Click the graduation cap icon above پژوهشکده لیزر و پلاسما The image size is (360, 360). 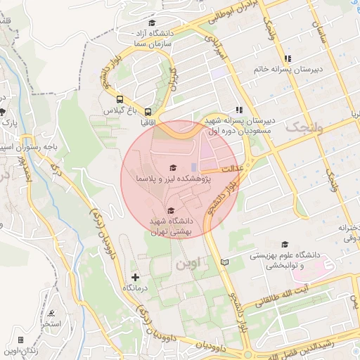pyautogui.click(x=172, y=167)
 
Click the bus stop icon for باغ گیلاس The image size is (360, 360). pyautogui.click(x=120, y=99)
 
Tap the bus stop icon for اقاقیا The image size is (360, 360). pyautogui.click(x=148, y=111)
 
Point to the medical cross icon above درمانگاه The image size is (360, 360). pyautogui.click(x=135, y=277)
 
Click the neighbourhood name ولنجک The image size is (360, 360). pyautogui.click(x=307, y=127)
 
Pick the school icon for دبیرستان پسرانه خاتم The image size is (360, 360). pyautogui.click(x=287, y=58)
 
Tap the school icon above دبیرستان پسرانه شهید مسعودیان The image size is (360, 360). pyautogui.click(x=240, y=110)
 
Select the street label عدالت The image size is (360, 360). pyautogui.click(x=231, y=169)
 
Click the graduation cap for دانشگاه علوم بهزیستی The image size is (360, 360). pyautogui.click(x=285, y=243)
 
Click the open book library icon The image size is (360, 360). pyautogui.click(x=224, y=262)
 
